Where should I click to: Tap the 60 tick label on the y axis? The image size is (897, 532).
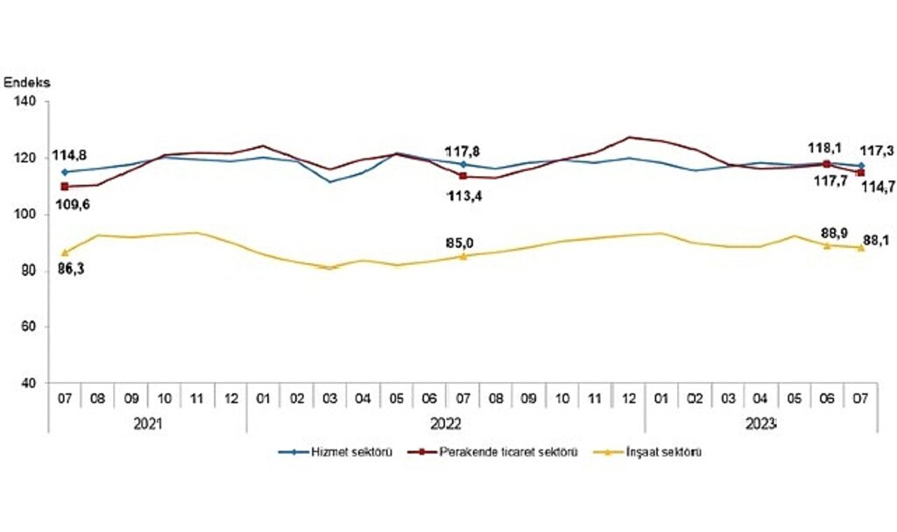coord(29,328)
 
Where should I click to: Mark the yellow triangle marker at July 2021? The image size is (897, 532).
coord(65,252)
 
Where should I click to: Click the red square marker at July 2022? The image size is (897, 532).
coord(463,176)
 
